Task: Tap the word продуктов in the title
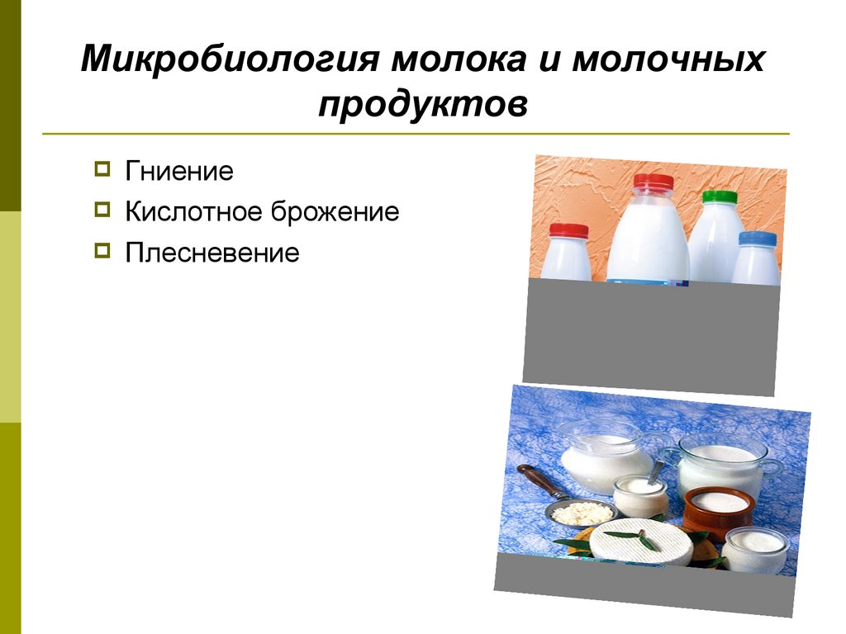[422, 105]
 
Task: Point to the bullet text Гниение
[179, 172]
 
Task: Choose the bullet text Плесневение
[212, 253]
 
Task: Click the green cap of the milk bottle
[719, 197]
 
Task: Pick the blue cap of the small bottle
[757, 239]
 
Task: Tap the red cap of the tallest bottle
[653, 182]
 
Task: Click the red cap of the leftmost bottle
[568, 230]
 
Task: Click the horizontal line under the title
[416, 134]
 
